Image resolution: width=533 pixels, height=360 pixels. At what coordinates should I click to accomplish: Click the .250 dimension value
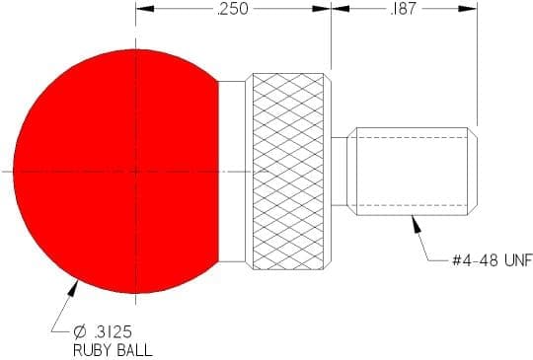pyautogui.click(x=233, y=9)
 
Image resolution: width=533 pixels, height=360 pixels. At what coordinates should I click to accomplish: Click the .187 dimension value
pyautogui.click(x=403, y=9)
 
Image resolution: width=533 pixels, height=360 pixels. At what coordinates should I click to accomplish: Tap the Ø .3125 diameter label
pyautogui.click(x=103, y=332)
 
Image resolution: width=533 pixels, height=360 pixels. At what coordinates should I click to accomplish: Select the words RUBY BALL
pyautogui.click(x=113, y=350)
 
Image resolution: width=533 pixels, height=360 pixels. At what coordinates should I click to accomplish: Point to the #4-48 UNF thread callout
pyautogui.click(x=493, y=260)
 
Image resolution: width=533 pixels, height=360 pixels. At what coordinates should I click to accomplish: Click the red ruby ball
pyautogui.click(x=115, y=172)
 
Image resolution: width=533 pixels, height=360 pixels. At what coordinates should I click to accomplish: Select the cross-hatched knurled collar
pyautogui.click(x=288, y=172)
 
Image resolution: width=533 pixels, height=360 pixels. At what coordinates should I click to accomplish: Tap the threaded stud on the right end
pyautogui.click(x=412, y=172)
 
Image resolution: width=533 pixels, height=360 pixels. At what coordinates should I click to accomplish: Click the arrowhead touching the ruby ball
pyautogui.click(x=73, y=289)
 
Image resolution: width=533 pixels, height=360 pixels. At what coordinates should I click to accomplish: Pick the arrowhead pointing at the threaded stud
pyautogui.click(x=417, y=224)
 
